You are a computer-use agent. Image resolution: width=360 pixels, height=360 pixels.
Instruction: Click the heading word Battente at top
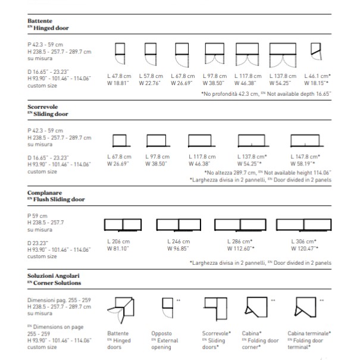coord(40,20)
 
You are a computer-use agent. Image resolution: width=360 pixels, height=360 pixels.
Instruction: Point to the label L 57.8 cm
coord(151,76)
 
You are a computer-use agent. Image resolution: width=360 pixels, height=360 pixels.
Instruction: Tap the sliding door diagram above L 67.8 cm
coord(120,140)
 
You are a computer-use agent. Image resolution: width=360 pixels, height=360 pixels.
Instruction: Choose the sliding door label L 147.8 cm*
coord(306,156)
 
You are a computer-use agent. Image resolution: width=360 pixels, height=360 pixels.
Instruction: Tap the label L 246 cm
coord(180,241)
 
